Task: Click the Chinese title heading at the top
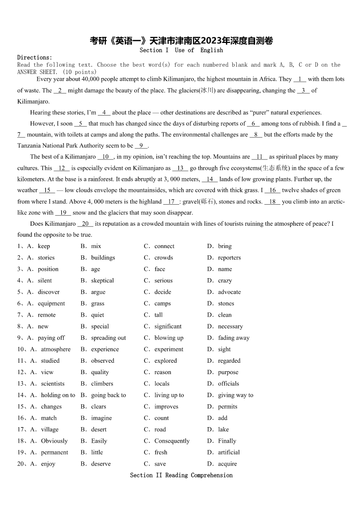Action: [181, 41]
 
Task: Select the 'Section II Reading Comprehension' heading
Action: [181, 475]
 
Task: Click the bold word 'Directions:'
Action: [35, 58]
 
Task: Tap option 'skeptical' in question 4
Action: [102, 280]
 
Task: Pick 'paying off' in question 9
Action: [51, 338]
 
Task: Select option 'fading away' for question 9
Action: [234, 338]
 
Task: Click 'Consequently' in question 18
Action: [171, 441]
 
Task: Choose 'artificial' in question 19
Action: [229, 452]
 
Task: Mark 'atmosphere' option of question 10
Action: [56, 349]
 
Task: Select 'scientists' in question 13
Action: [53, 384]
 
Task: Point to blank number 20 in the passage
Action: [85, 224]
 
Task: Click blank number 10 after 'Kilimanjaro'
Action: [105, 157]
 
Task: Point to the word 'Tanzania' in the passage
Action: [29, 146]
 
